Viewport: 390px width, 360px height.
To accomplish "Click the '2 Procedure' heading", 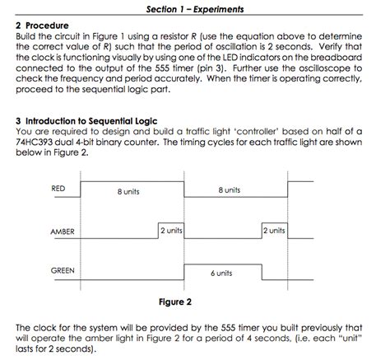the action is point(43,26).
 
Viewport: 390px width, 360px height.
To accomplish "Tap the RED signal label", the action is point(58,189).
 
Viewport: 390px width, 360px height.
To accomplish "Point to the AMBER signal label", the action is point(63,232).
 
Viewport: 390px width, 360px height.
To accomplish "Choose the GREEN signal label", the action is point(63,270).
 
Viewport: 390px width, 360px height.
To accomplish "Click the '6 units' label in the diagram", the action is point(221,273).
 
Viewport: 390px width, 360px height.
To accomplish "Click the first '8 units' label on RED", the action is point(128,191).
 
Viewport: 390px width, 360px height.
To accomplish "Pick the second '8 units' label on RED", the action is point(230,190).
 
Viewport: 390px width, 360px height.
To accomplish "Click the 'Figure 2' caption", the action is point(174,302).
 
